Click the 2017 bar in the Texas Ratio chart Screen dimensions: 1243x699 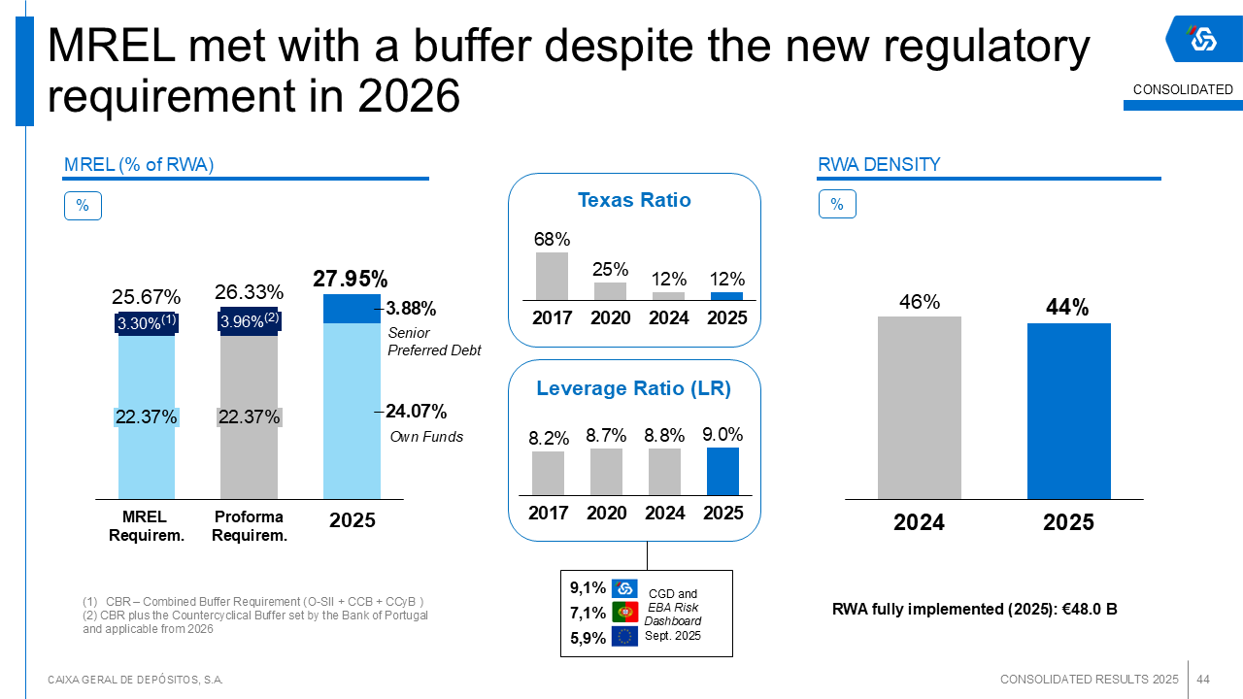(x=552, y=277)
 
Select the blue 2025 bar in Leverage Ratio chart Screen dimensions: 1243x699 (x=722, y=471)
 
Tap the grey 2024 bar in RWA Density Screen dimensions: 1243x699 (x=919, y=408)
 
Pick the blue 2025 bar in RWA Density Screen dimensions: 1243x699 (x=1069, y=411)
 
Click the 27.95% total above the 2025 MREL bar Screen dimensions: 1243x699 (x=351, y=279)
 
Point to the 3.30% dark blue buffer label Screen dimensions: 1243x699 (x=147, y=322)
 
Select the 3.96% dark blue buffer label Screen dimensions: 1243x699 (x=250, y=320)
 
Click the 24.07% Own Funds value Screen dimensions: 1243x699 (x=417, y=411)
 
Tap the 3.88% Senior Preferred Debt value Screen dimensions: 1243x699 (x=411, y=308)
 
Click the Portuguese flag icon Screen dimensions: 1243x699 (x=624, y=612)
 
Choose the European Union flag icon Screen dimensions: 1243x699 (x=624, y=636)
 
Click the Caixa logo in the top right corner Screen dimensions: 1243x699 (x=1203, y=39)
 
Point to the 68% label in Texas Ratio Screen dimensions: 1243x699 (x=552, y=239)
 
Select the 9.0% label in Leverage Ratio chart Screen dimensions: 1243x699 (x=722, y=434)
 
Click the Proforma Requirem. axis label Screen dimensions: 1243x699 (x=250, y=526)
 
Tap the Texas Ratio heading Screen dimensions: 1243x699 (x=634, y=200)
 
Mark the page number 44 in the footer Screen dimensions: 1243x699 (x=1203, y=680)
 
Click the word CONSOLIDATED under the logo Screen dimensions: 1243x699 (x=1183, y=90)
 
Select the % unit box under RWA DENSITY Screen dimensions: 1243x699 (x=837, y=204)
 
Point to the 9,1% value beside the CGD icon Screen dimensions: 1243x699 (x=588, y=587)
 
